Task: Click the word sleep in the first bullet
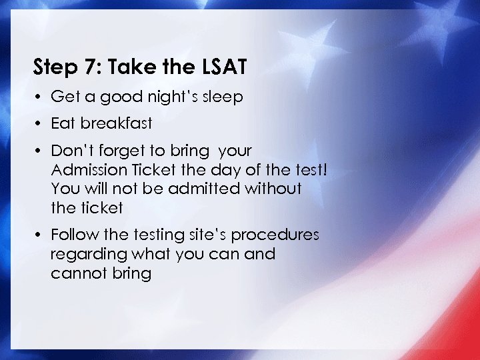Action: click(x=222, y=97)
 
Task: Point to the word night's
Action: click(x=171, y=97)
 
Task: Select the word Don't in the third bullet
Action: click(x=69, y=151)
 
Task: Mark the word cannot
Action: click(x=76, y=273)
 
